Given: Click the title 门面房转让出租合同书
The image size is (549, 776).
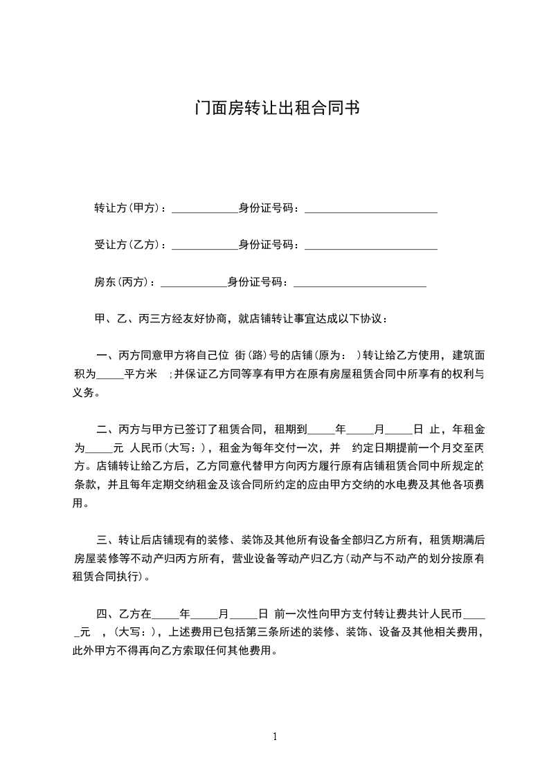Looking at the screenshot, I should [x=275, y=109].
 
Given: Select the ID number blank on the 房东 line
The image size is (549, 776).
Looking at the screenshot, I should [x=360, y=283].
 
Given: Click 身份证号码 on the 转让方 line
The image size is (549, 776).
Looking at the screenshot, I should [x=266, y=208].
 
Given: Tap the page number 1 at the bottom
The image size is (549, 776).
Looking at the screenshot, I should [x=275, y=737].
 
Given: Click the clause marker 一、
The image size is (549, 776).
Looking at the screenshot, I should [x=107, y=356].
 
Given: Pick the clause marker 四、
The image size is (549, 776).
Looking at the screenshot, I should [x=107, y=614].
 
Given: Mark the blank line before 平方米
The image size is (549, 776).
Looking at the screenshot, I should [x=109, y=376].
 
